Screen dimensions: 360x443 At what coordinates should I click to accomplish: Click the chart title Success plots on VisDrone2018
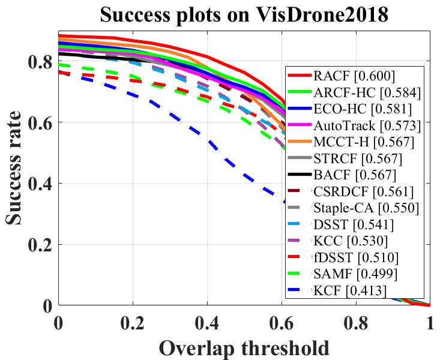point(245,14)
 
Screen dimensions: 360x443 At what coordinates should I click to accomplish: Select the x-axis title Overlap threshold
point(244,347)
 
